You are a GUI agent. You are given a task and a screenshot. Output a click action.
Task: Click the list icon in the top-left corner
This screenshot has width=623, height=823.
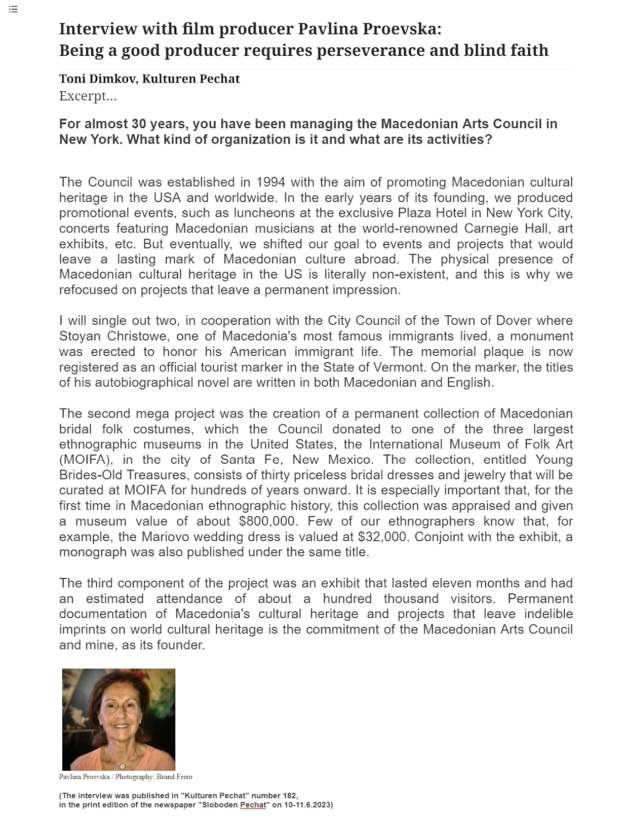(13, 9)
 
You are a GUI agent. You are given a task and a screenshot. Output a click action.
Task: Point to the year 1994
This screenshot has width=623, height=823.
(271, 182)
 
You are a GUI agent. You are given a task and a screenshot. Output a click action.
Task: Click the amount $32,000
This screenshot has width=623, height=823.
(382, 536)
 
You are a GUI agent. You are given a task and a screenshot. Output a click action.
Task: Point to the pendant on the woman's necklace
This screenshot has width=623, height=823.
(122, 766)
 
